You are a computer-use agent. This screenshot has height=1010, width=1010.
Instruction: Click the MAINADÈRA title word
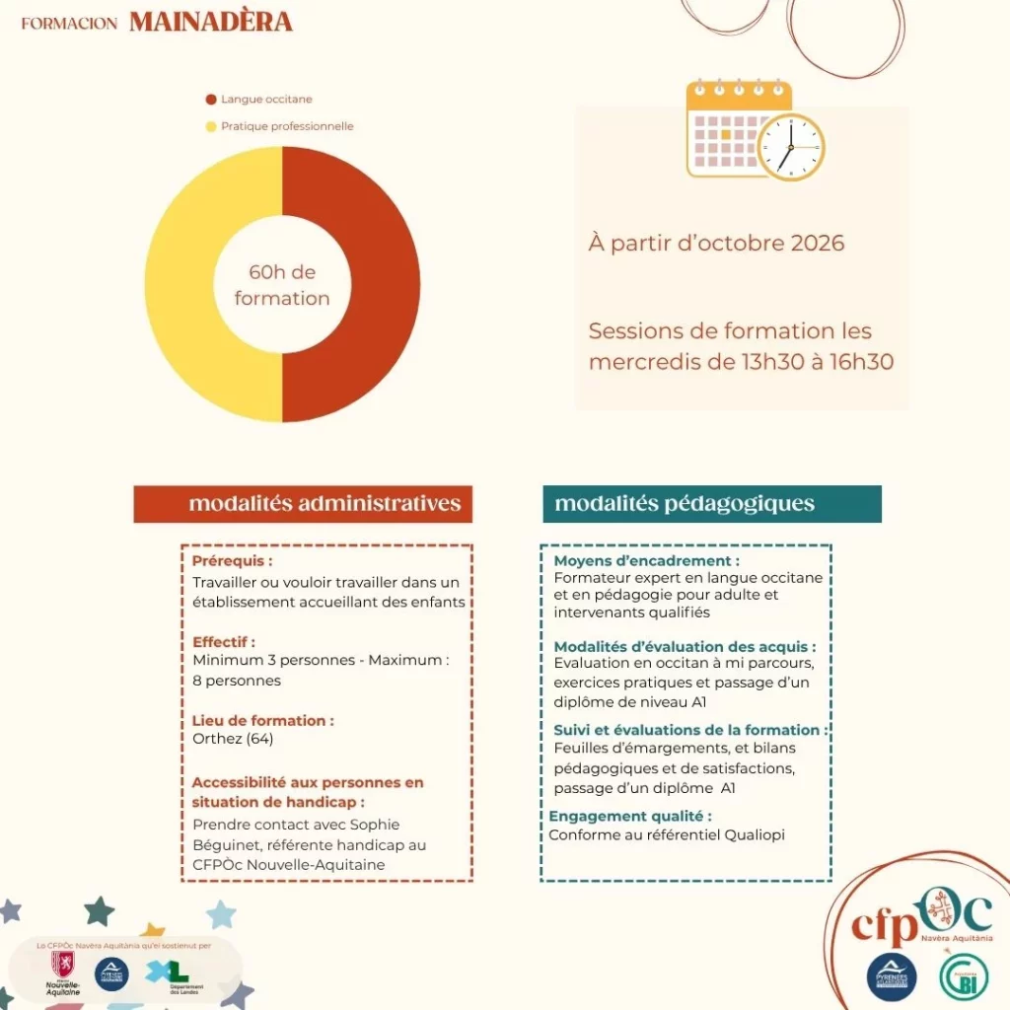[210, 22]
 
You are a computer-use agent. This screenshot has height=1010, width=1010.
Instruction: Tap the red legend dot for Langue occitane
[211, 100]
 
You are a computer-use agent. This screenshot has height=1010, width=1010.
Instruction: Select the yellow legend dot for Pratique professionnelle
[211, 126]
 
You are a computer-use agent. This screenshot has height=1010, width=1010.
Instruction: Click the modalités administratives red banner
[304, 504]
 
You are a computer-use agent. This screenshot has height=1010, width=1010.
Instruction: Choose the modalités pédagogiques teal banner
[711, 504]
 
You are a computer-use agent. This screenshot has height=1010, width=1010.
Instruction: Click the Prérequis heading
[232, 561]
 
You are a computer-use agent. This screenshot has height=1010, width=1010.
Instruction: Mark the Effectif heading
[224, 641]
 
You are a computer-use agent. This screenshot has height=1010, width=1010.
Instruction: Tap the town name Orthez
[218, 739]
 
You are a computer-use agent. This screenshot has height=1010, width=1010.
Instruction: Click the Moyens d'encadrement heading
[646, 561]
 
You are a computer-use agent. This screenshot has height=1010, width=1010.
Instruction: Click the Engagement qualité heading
[629, 816]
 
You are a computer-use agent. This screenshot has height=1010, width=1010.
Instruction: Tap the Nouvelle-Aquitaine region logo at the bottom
[62, 973]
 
